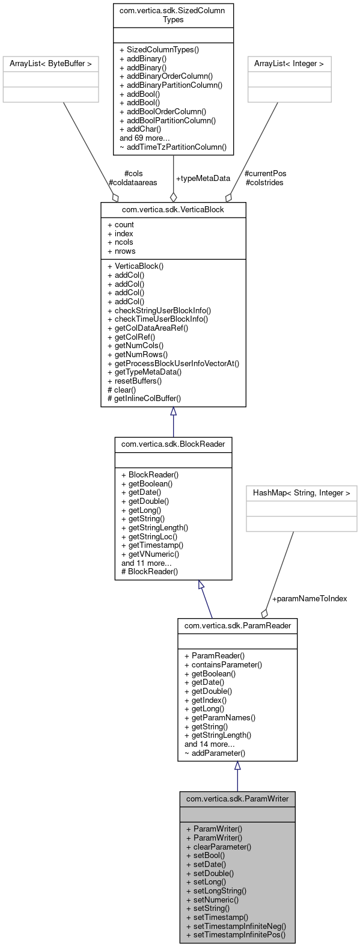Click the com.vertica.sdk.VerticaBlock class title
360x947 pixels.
coord(173,209)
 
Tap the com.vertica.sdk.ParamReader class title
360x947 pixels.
coord(237,625)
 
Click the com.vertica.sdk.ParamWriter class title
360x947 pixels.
coord(237,798)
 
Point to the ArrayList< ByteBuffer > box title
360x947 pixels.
coord(50,63)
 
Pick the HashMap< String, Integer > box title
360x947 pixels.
coord(301,492)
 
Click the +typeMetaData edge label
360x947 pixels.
coord(203,179)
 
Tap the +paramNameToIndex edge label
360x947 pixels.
coord(309,598)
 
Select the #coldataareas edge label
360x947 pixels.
coord(133,182)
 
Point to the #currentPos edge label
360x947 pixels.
coord(266,173)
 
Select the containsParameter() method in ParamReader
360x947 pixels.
coord(223,664)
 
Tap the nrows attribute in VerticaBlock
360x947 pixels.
coord(121,251)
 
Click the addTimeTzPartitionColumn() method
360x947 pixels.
coord(173,146)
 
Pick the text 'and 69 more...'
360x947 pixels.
coord(144,138)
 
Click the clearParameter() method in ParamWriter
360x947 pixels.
coord(218,846)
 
